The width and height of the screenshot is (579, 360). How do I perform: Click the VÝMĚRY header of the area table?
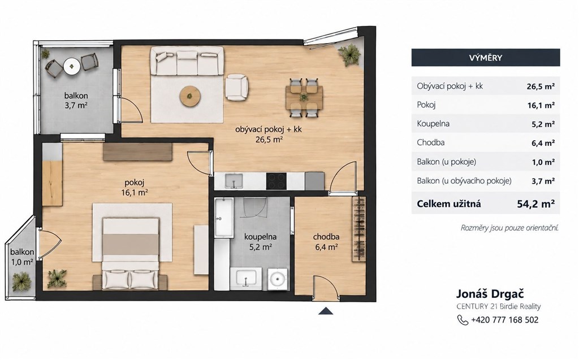pyautogui.click(x=486, y=58)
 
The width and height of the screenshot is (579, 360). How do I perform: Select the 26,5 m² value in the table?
pyautogui.click(x=541, y=86)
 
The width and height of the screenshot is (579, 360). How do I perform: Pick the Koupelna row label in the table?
pyautogui.click(x=433, y=124)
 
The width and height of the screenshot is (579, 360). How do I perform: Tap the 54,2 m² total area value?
pyautogui.click(x=536, y=203)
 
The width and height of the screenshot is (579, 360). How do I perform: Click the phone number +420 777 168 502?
pyautogui.click(x=505, y=320)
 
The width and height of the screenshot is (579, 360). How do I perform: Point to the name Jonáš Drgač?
pyautogui.click(x=490, y=294)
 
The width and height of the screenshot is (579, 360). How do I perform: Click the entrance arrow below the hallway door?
pyautogui.click(x=326, y=311)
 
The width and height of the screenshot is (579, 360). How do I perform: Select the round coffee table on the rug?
pyautogui.click(x=190, y=97)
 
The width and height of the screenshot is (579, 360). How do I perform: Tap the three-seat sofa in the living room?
pyautogui.click(x=187, y=61)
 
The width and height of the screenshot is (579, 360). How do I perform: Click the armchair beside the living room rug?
pyautogui.click(x=236, y=87)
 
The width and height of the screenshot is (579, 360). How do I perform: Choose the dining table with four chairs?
pyautogui.click(x=304, y=98)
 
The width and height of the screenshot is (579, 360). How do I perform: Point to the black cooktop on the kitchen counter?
pyautogui.click(x=276, y=181)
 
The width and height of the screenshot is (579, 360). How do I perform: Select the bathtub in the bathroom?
pyautogui.click(x=224, y=218)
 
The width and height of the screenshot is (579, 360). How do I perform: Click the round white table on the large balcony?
pyautogui.click(x=72, y=67)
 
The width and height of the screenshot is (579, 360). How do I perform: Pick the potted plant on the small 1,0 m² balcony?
pyautogui.click(x=22, y=281)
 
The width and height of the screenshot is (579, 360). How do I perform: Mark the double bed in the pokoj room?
pyautogui.click(x=131, y=253)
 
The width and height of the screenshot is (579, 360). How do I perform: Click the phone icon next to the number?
pyautogui.click(x=463, y=320)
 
